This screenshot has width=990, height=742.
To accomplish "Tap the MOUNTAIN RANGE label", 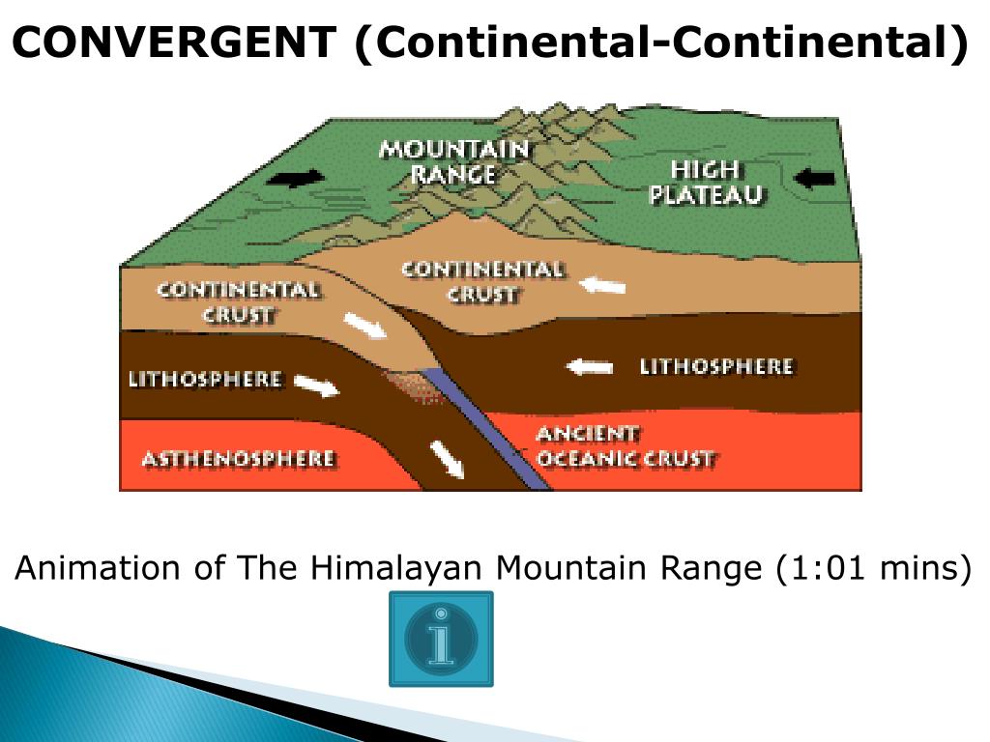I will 453,161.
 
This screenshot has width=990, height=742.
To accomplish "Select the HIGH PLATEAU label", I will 706,183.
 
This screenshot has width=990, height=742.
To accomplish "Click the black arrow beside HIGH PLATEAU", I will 812,177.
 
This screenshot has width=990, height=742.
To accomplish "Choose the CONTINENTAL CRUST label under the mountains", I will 481,281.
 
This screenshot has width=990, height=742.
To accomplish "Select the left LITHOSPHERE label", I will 205,379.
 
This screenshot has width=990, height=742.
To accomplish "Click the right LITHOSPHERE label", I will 716,367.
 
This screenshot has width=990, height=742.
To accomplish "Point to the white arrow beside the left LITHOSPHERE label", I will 316,385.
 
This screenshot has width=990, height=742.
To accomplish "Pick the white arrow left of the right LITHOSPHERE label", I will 590,367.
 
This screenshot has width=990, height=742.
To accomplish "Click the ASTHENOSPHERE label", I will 239,458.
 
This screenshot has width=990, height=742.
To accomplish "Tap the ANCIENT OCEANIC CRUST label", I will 625,446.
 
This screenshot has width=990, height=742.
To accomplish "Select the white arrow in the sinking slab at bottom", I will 447,458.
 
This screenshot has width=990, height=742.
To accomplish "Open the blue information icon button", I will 441,639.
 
